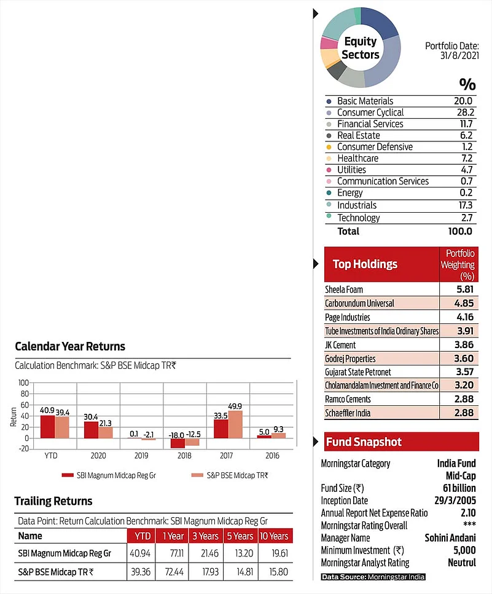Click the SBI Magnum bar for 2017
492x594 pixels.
(221, 429)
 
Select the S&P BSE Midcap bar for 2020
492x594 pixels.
(105, 432)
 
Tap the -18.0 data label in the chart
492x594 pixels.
(177, 435)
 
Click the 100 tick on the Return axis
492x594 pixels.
(24, 382)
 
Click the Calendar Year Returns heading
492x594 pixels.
(70, 346)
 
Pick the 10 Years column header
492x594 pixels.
(274, 536)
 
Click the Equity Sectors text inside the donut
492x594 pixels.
(361, 48)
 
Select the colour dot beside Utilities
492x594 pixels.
(329, 170)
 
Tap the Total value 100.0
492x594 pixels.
(460, 231)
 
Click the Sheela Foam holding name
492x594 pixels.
(344, 289)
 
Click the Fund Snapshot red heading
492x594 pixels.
(364, 442)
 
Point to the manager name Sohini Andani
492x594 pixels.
(450, 538)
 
